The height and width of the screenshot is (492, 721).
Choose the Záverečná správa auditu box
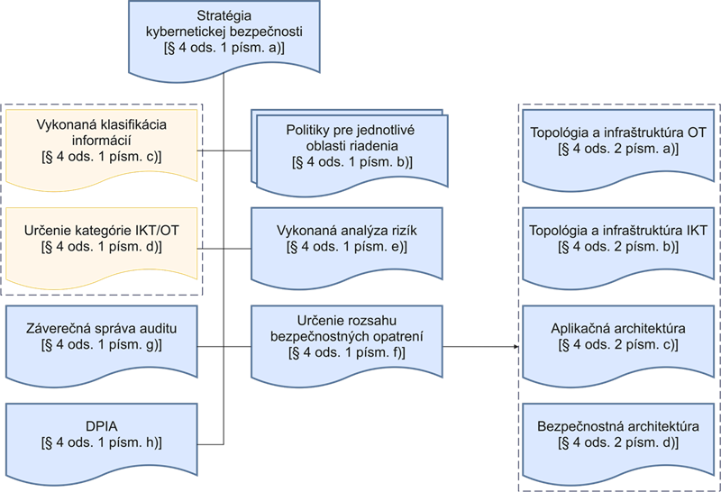tap(101, 338)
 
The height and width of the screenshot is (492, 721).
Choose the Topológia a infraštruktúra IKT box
tap(618, 239)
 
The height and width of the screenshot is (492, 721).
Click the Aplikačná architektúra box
tap(618, 338)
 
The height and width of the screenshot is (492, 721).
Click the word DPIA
tap(101, 424)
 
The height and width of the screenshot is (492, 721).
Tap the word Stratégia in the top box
tap(224, 16)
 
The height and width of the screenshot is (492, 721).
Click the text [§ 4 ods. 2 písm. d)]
tap(618, 442)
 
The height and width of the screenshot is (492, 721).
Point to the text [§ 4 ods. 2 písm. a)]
tap(618, 150)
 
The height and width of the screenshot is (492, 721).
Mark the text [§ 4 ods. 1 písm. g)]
tap(101, 345)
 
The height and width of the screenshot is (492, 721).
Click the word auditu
tap(156, 329)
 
